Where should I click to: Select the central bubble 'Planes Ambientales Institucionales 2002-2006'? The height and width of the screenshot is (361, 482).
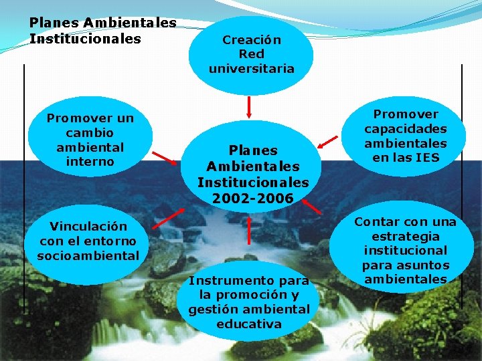click(252, 167)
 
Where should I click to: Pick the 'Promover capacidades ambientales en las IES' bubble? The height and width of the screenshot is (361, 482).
click(405, 136)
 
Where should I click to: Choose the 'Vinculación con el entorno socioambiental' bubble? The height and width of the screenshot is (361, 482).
click(88, 241)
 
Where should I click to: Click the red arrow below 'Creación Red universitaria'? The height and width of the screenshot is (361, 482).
click(249, 106)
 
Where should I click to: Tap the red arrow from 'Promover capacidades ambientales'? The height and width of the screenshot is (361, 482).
click(328, 140)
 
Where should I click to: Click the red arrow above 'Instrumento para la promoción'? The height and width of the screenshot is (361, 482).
click(249, 229)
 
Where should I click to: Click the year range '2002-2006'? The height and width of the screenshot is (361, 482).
click(252, 198)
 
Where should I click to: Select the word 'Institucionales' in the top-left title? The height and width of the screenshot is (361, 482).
click(85, 39)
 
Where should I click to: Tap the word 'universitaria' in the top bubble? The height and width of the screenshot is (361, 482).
click(251, 68)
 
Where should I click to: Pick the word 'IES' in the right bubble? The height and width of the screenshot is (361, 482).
click(426, 158)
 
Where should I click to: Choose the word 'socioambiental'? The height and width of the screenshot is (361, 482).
click(88, 255)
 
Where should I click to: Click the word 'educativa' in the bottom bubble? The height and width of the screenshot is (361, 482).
click(249, 324)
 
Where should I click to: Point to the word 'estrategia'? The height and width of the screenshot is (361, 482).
click(406, 236)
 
